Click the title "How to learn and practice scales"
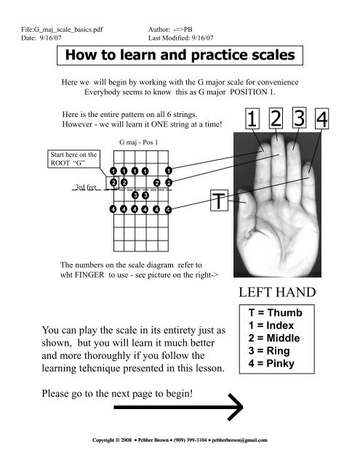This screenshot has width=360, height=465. click(x=180, y=55)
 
